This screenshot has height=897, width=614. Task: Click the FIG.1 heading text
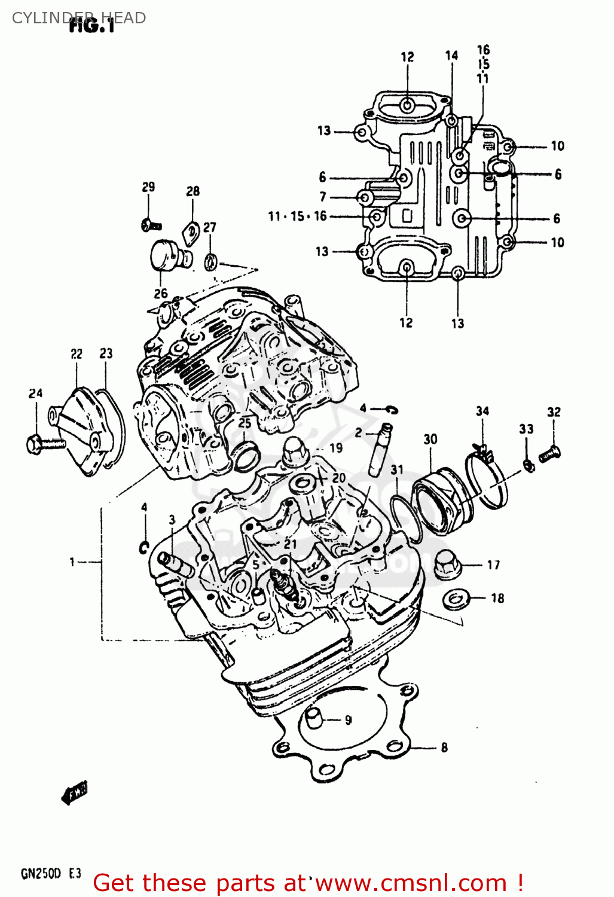click(91, 26)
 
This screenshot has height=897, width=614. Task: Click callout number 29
click(148, 187)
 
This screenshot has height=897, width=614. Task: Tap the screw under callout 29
click(151, 225)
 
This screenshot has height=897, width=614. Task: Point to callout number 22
click(77, 354)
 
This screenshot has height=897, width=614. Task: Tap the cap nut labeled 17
click(446, 564)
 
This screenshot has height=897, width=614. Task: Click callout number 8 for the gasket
click(444, 747)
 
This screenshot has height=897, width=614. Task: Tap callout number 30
click(430, 440)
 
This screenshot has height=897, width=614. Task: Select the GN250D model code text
click(41, 874)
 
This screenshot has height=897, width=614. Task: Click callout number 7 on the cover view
click(323, 197)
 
